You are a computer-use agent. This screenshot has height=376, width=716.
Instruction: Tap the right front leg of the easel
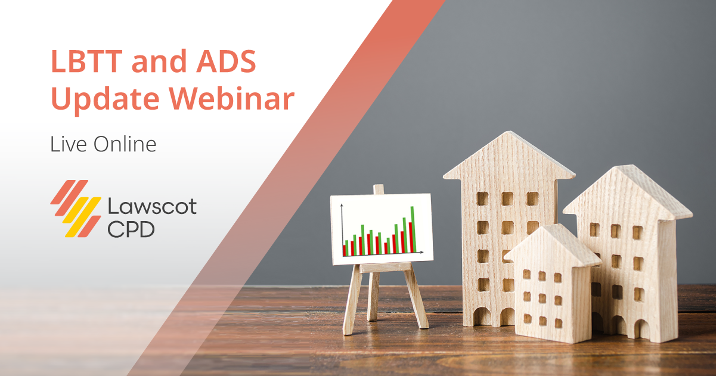[x=416, y=298]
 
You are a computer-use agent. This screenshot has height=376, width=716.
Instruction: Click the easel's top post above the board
[x=379, y=189]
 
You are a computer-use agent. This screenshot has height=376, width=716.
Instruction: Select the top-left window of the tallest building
[x=482, y=198]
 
